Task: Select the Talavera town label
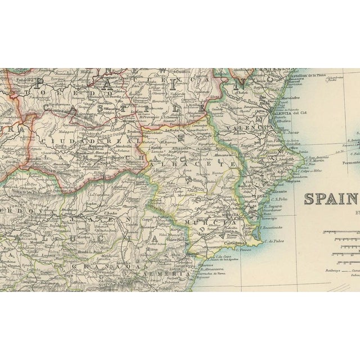click(16, 81)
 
